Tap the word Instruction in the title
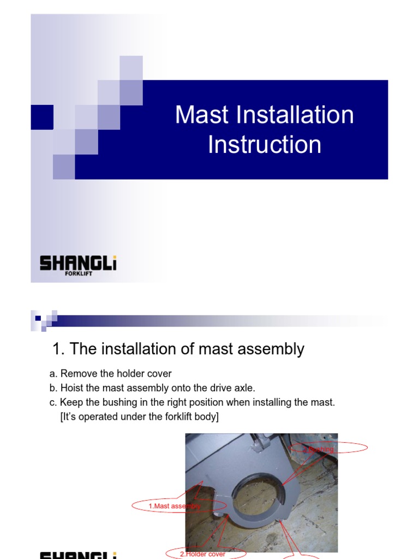(x=265, y=145)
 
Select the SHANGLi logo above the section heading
(x=78, y=264)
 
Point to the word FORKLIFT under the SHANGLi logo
(x=78, y=275)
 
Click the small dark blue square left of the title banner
(x=41, y=117)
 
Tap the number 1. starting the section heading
(x=59, y=349)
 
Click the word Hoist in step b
(x=71, y=388)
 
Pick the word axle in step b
(x=243, y=388)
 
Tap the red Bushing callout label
(x=321, y=449)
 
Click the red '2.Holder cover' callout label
(x=203, y=554)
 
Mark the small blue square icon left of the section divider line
(x=38, y=317)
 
